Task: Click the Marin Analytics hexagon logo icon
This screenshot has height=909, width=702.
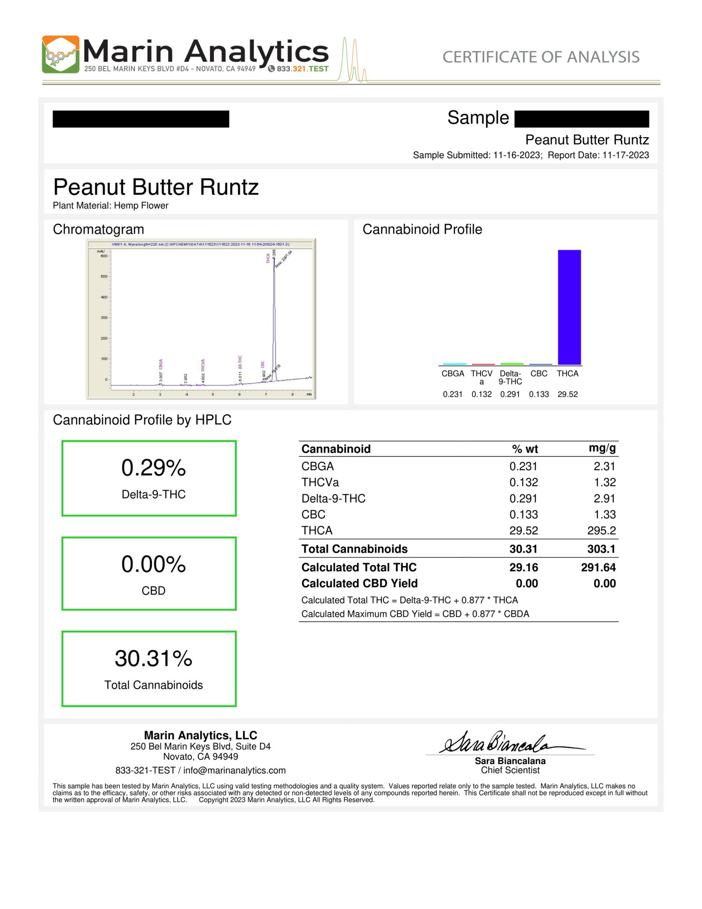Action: point(61,54)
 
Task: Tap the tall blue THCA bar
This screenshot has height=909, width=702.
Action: point(569,307)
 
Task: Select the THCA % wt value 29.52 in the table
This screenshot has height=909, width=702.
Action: point(523,531)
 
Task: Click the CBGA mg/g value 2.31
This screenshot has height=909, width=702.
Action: point(605,466)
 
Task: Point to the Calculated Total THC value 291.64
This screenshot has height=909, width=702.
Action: point(598,568)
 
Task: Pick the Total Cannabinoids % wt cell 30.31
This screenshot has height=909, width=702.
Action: point(523,549)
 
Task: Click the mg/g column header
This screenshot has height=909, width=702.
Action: point(602,448)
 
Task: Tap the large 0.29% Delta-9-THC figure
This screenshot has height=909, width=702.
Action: point(154,468)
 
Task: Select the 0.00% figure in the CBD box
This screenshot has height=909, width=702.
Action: point(154,564)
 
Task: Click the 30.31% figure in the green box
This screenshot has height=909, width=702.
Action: point(154,658)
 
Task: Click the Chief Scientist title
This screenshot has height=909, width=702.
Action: point(510,770)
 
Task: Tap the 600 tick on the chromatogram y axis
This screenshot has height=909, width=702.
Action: point(104,256)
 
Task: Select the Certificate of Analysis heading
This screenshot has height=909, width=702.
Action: point(541,57)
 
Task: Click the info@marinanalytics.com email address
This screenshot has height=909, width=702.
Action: point(234,770)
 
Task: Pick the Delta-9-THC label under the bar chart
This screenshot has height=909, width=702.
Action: point(510,377)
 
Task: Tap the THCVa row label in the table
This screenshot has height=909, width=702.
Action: point(320,482)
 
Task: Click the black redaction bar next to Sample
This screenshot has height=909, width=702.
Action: point(581,119)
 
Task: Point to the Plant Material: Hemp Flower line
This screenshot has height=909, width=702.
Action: point(111,205)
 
